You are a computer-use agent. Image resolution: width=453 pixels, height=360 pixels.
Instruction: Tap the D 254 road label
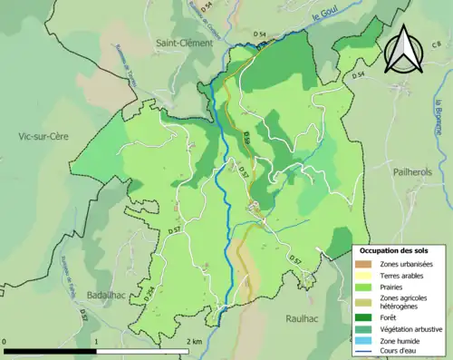145,294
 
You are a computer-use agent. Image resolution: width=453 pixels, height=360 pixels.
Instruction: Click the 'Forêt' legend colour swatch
365,317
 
